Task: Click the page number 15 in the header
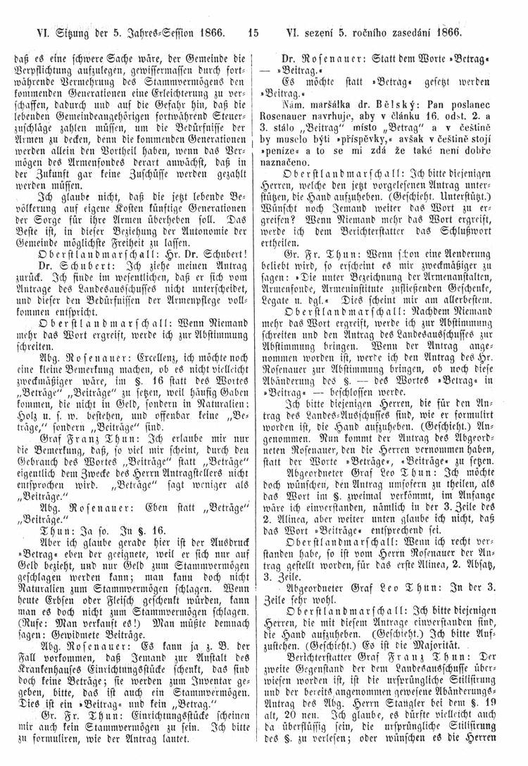(x=254, y=32)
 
